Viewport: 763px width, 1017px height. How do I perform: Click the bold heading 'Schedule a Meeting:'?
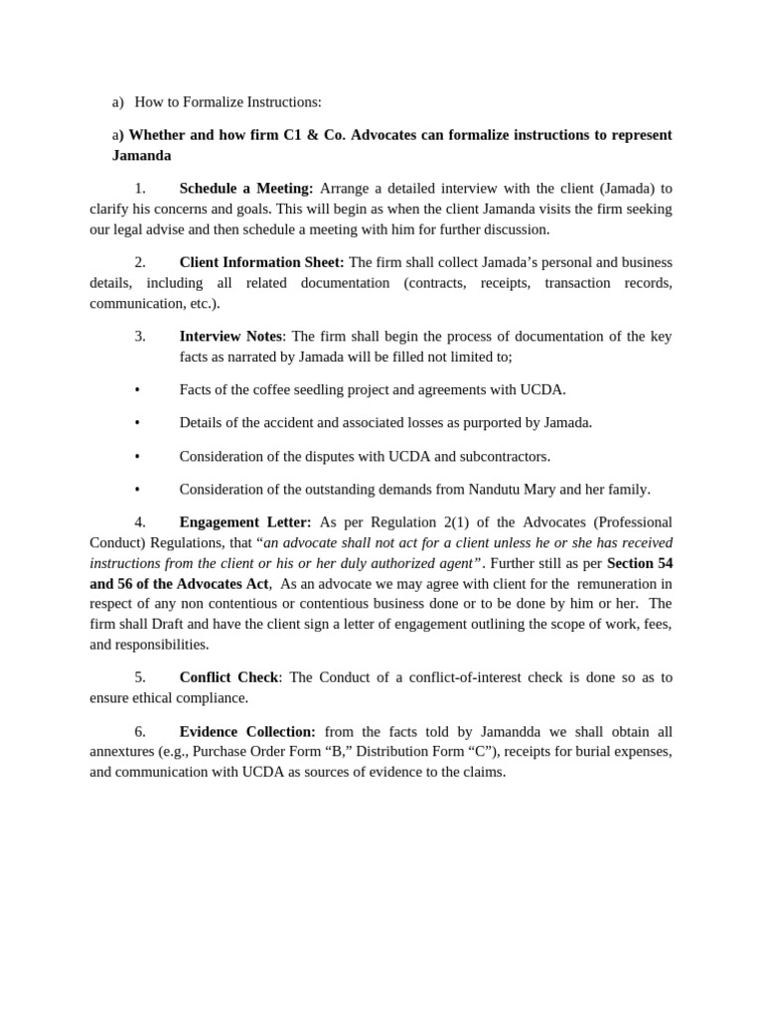[x=245, y=188]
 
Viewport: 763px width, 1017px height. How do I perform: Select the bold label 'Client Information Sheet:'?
[x=261, y=262]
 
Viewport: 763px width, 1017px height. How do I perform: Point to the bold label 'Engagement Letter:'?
[x=244, y=521]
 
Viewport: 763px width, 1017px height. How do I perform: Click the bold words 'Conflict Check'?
[x=229, y=676]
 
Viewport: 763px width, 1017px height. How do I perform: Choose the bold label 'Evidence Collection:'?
[x=247, y=731]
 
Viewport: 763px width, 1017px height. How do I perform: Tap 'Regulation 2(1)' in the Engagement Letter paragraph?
[x=410, y=521]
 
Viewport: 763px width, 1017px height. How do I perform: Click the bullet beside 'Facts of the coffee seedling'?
[x=137, y=389]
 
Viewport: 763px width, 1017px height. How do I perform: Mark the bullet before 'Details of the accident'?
[x=137, y=422]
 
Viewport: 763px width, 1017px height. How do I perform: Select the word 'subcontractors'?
[x=505, y=456]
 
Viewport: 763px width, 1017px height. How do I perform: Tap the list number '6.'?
[x=140, y=731]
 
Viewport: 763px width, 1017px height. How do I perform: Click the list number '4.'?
[x=140, y=521]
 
